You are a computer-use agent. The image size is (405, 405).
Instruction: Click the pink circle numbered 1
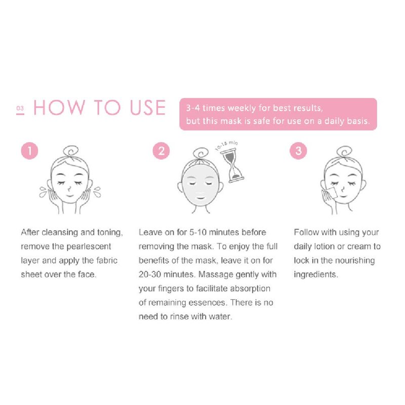click(30, 151)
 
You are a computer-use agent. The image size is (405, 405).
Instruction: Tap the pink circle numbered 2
click(161, 151)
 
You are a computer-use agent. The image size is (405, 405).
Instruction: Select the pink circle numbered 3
click(298, 151)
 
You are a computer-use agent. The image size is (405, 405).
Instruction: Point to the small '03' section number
click(20, 108)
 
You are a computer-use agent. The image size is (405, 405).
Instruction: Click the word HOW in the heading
click(59, 107)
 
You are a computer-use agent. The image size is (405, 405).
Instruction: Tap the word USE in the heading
click(148, 107)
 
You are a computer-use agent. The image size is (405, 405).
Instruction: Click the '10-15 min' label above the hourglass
click(226, 145)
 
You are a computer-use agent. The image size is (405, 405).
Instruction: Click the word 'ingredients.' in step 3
click(316, 275)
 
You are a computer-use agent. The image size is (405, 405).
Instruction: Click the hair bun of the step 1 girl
click(71, 150)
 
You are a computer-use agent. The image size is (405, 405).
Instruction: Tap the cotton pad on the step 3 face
click(331, 193)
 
